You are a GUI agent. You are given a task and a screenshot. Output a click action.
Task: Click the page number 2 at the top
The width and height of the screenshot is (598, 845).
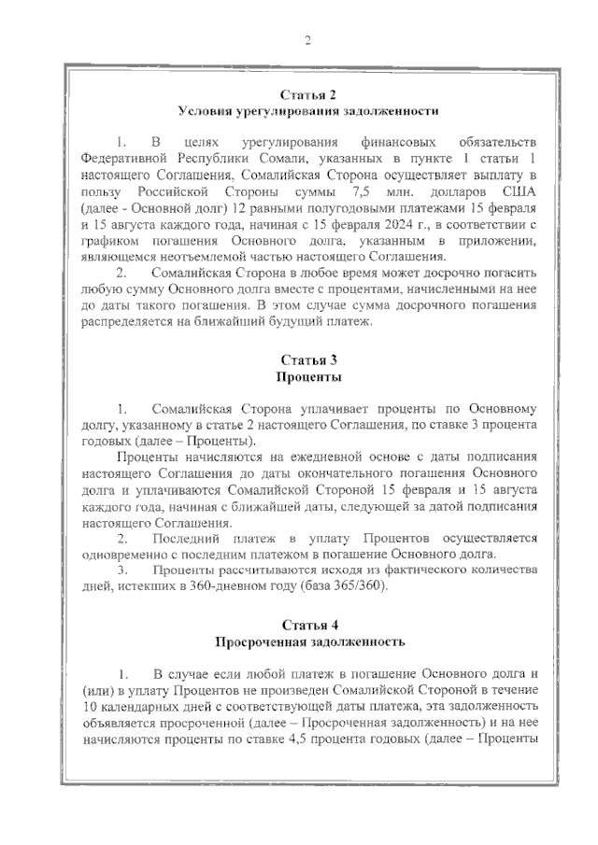click(306, 40)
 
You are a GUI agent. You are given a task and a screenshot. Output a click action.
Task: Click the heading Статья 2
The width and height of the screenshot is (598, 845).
click(307, 95)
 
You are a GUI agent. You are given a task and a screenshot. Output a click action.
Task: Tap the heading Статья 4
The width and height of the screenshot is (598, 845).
click(307, 625)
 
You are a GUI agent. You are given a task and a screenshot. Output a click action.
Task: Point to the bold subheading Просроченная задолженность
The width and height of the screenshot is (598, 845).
click(308, 642)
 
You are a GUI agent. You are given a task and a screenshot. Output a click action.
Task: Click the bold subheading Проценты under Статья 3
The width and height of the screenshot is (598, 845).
click(307, 378)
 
